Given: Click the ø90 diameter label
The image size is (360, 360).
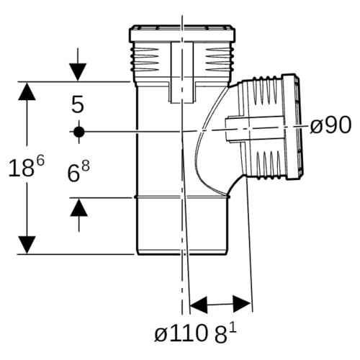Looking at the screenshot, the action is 330,125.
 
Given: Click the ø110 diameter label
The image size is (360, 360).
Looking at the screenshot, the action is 181,334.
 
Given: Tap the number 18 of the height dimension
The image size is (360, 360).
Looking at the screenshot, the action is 21,168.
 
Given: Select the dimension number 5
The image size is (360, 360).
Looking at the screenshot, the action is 78,104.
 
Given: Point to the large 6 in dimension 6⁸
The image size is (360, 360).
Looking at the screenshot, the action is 73,174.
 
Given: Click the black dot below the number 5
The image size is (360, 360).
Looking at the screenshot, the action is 79,132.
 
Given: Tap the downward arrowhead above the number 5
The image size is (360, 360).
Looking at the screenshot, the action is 78,72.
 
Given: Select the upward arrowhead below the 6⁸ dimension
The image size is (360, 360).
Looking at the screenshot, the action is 79,207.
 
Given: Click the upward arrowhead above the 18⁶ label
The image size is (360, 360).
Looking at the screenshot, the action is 27,91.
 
